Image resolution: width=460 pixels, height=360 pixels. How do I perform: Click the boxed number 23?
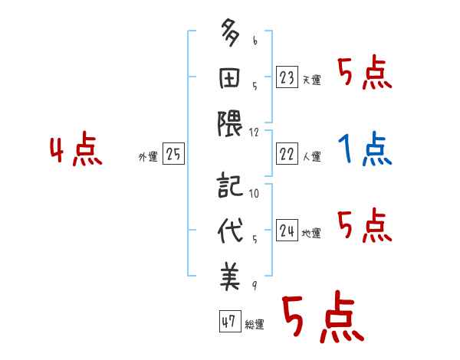(x=287, y=78)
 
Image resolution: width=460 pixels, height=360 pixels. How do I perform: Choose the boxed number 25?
(x=174, y=155)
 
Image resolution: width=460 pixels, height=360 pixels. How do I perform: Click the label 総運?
(x=255, y=324)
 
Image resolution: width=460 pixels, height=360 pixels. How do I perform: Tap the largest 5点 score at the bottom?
(x=322, y=318)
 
